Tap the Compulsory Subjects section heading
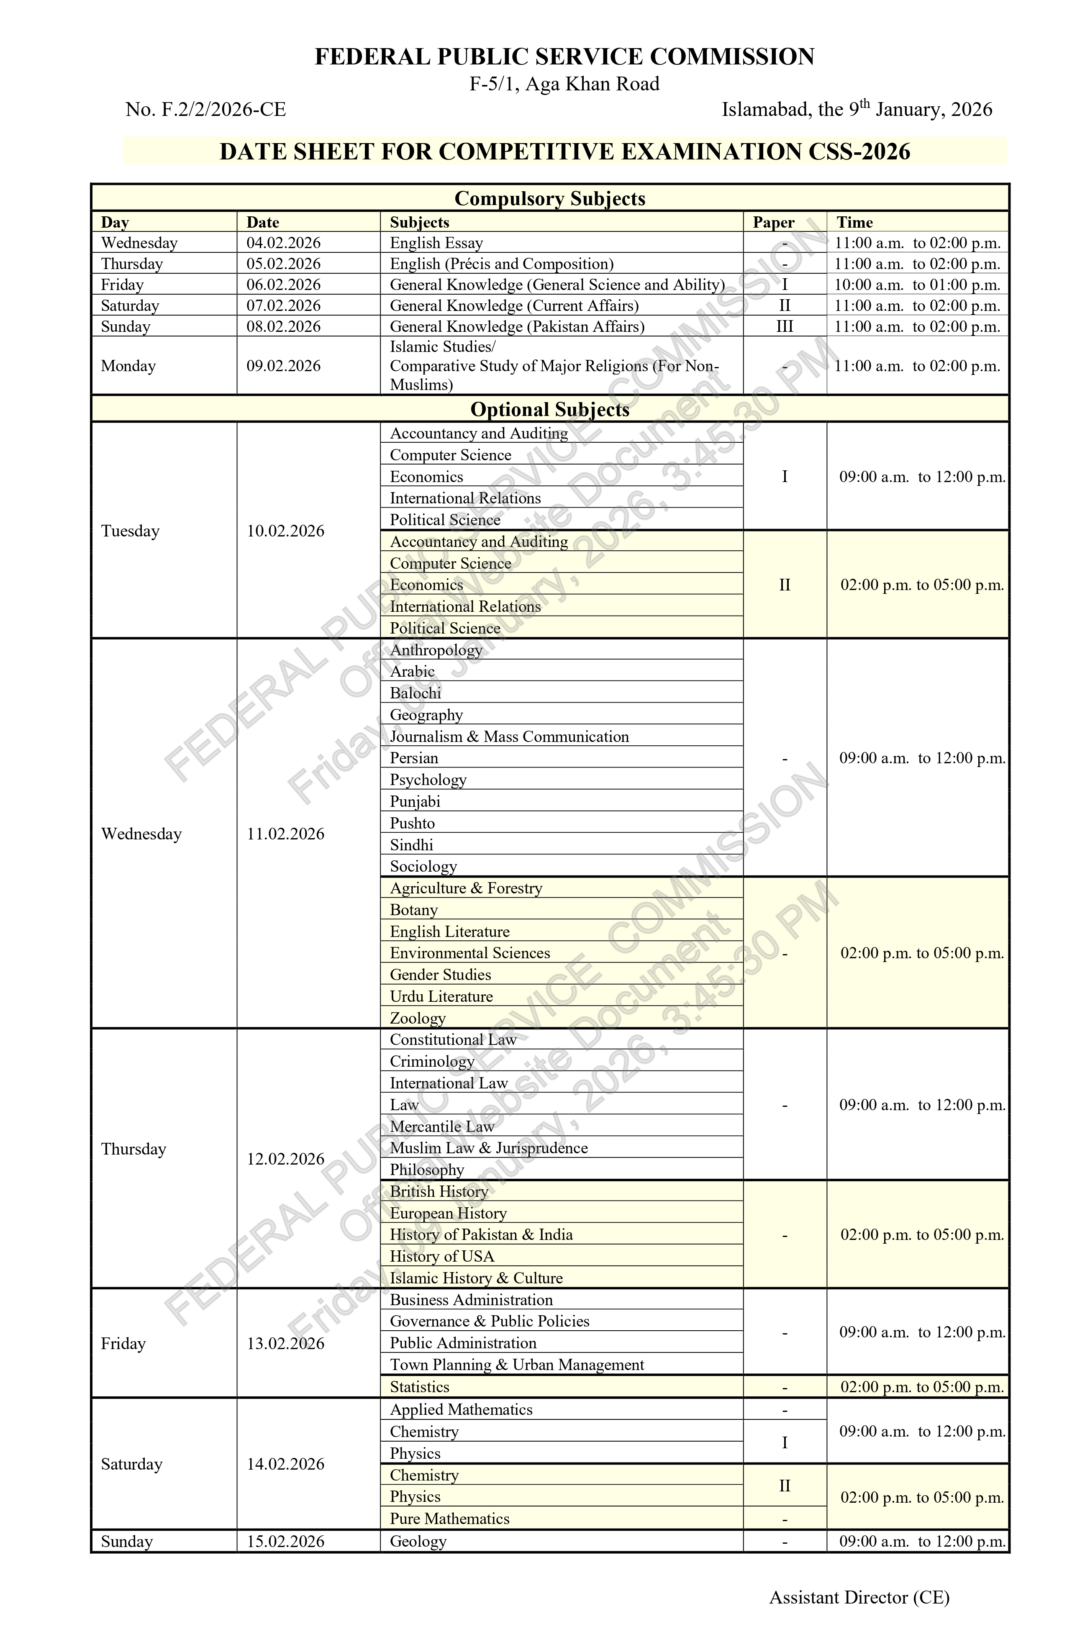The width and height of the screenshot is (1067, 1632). pos(549,199)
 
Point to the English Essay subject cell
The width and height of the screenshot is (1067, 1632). pos(436,243)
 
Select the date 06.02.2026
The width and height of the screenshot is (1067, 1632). pos(283,285)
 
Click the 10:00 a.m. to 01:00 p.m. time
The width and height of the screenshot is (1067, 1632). pos(917,285)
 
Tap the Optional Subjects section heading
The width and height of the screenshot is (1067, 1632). pos(549,409)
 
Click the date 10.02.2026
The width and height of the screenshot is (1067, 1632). pos(285,531)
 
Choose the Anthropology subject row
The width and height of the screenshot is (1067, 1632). pos(436,650)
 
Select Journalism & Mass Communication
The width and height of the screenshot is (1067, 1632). pos(509,736)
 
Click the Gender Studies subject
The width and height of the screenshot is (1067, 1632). pos(440,975)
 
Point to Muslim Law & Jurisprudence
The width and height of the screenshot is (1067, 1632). pos(488,1148)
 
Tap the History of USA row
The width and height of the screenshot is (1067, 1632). pos(441,1256)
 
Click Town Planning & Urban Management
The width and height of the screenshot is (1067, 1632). pos(516,1365)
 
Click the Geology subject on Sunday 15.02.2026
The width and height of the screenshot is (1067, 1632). pos(418,1542)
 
